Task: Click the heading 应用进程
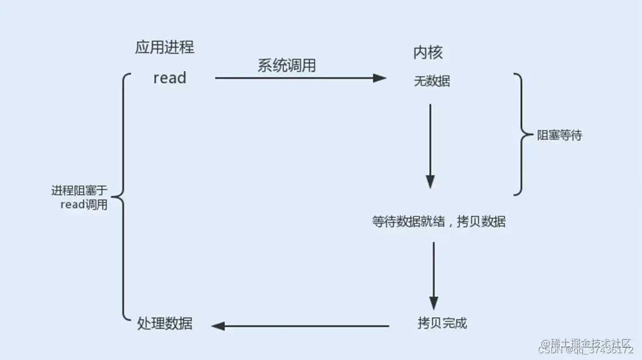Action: (x=165, y=47)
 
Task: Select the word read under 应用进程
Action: (x=169, y=78)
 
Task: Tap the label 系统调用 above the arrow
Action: (x=287, y=65)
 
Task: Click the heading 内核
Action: (x=428, y=52)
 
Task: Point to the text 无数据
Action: (x=432, y=82)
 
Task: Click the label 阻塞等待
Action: (x=559, y=136)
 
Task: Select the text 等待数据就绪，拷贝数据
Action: (x=438, y=222)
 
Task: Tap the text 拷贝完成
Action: (x=442, y=323)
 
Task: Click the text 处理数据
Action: (x=165, y=323)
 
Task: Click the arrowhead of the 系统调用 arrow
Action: (x=381, y=78)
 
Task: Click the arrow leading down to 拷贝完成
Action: (x=433, y=273)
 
